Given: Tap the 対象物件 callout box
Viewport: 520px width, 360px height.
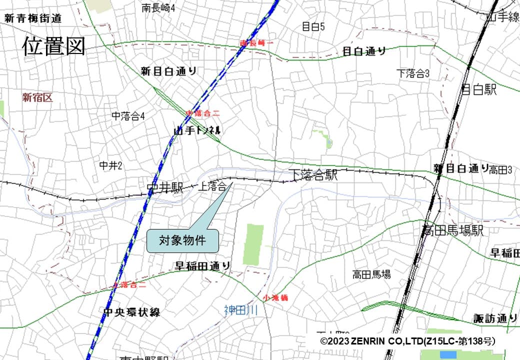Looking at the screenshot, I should click(182, 240).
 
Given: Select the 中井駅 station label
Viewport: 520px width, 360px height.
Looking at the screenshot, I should click(165, 188).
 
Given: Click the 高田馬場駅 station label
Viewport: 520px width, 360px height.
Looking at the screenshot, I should click(453, 231).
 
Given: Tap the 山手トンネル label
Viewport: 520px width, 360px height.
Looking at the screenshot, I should click(197, 130).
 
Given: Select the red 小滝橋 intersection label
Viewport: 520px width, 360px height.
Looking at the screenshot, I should click(276, 297).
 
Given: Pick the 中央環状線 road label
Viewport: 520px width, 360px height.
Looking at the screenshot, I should click(131, 312).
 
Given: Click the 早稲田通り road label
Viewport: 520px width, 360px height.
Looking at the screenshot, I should click(202, 266).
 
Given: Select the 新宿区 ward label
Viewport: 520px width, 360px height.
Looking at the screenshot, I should click(37, 97).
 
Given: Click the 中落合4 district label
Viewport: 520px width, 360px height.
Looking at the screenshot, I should click(128, 116).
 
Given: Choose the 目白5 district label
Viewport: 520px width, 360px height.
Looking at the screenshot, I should click(313, 26).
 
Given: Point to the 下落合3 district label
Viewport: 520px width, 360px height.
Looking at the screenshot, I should click(413, 73).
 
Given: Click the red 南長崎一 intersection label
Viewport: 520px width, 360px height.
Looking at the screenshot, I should click(257, 43).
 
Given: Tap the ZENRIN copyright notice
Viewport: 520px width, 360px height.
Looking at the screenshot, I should click(408, 341).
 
